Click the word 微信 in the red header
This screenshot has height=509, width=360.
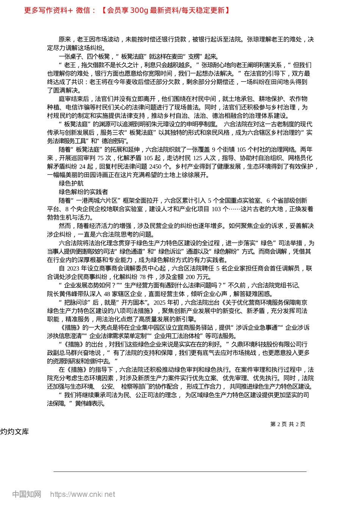pyautogui.click(x=83, y=10)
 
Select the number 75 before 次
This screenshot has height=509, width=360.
pyautogui.click(x=100, y=158)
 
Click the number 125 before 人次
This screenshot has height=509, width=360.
pyautogui.click(x=198, y=158)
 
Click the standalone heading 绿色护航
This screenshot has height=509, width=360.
pyautogui.click(x=71, y=184)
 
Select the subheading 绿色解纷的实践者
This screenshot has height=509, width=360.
pyautogui.click(x=83, y=192)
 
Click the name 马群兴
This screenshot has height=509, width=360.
pyautogui.click(x=84, y=353)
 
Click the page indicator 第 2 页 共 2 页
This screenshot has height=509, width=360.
pyautogui.click(x=288, y=424)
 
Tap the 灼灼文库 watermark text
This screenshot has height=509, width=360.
pyautogui.click(x=14, y=432)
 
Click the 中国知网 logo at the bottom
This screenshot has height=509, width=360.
pyautogui.click(x=27, y=494)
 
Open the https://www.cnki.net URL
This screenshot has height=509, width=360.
pyautogui.click(x=83, y=494)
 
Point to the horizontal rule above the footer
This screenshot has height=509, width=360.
pyautogui.click(x=180, y=472)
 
